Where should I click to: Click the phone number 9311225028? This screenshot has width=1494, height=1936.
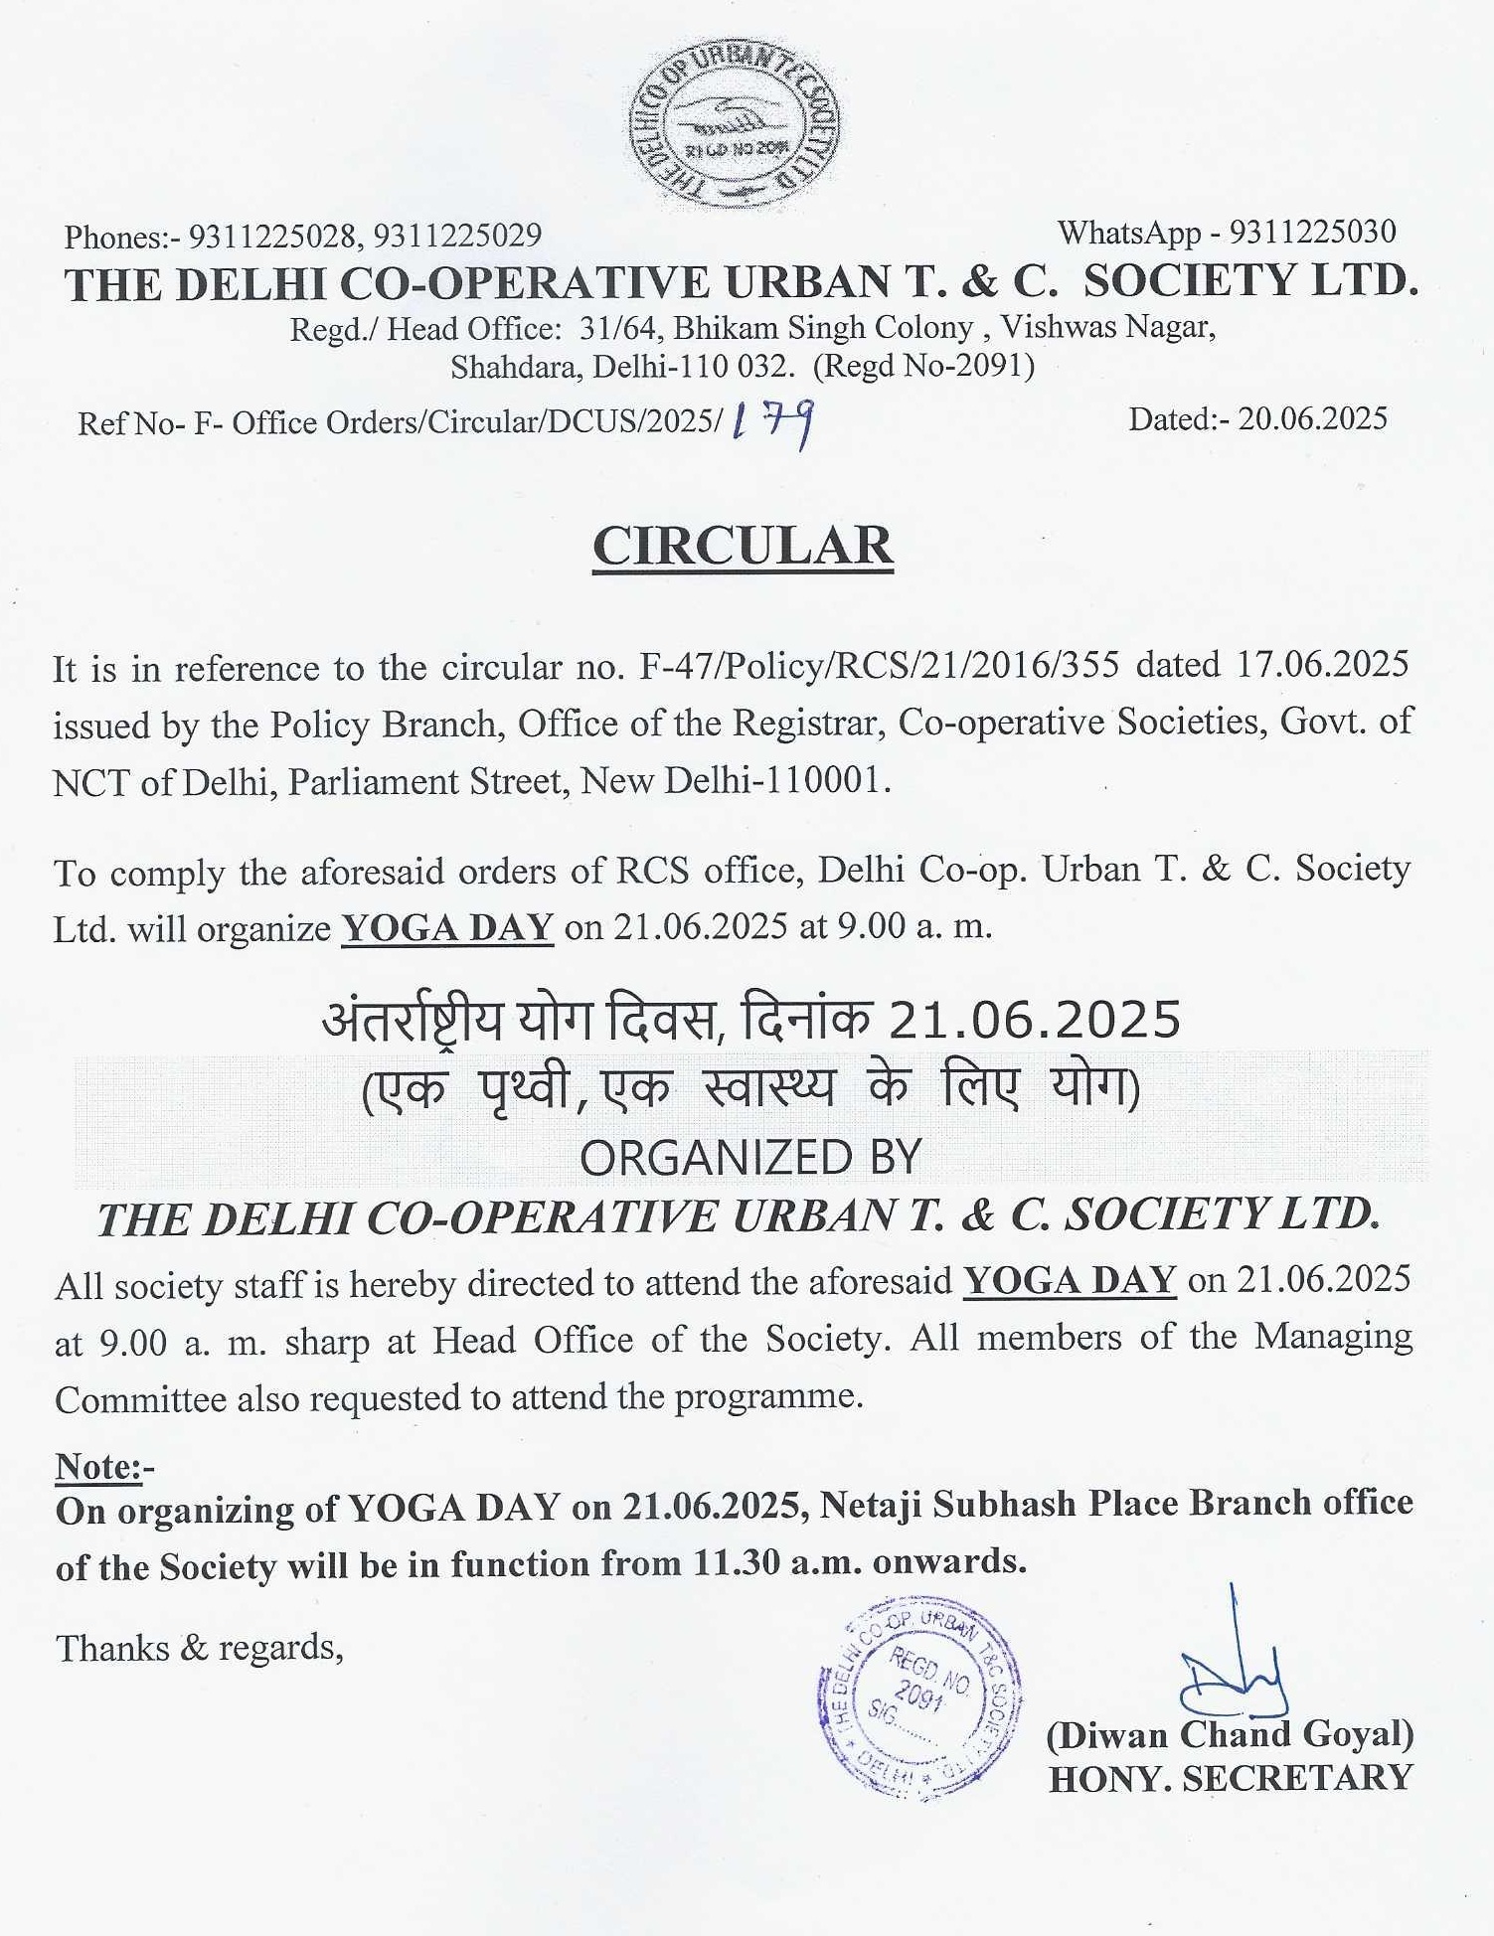(x=271, y=236)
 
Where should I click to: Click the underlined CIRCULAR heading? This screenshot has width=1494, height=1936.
(x=743, y=546)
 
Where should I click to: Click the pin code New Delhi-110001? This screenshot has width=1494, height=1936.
(x=736, y=781)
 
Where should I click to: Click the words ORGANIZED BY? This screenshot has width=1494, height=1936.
(x=750, y=1157)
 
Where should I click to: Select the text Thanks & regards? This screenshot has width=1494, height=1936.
(x=199, y=1648)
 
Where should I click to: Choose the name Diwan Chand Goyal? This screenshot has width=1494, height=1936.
(x=1230, y=1734)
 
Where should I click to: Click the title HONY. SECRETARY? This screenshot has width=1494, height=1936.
(x=1231, y=1778)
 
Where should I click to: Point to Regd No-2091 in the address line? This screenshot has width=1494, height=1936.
(x=923, y=367)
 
